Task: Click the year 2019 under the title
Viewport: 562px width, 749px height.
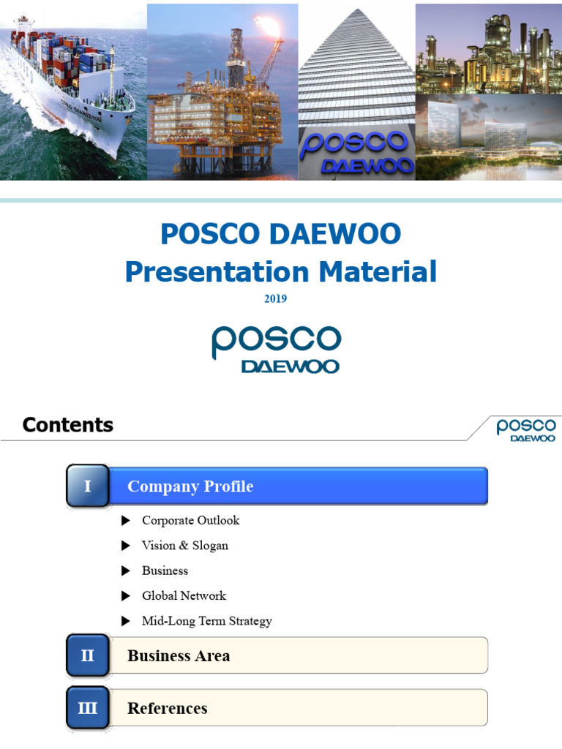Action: [x=276, y=298]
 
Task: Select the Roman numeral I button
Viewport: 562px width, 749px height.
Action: [x=88, y=486]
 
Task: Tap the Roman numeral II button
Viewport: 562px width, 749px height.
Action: [x=88, y=655]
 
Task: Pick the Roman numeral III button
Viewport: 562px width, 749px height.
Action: [x=88, y=708]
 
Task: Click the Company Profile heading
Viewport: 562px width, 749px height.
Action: [x=190, y=486]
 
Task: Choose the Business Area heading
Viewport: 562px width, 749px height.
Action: [x=179, y=656]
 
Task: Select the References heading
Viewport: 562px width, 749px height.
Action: [x=167, y=708]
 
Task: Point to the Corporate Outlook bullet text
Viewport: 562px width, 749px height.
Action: [x=190, y=520]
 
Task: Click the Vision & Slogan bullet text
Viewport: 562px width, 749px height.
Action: [x=185, y=546]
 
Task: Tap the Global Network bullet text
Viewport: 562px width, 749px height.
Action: [x=184, y=595]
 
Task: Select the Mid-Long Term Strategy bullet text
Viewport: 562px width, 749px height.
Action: [x=206, y=621]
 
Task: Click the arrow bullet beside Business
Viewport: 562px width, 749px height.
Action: [x=126, y=571]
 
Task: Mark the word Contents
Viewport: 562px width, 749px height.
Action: [x=68, y=425]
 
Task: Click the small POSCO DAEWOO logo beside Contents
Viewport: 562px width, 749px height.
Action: [x=525, y=429]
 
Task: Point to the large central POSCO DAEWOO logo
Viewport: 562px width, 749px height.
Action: [x=277, y=349]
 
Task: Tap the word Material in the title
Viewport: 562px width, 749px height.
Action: [x=376, y=271]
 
